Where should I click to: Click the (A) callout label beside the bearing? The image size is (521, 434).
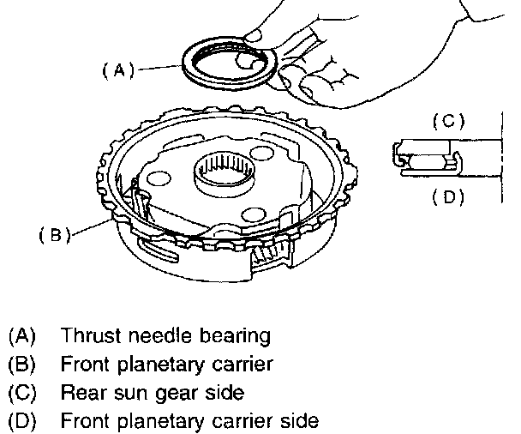tap(118, 70)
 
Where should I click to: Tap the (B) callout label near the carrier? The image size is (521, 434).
tap(55, 235)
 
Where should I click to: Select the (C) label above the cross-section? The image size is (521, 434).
tap(448, 121)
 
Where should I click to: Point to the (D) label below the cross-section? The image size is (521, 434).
tap(448, 197)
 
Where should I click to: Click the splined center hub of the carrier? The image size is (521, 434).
tap(225, 173)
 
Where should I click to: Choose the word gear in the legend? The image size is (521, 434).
tap(177, 394)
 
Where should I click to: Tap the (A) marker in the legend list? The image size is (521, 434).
tap(22, 335)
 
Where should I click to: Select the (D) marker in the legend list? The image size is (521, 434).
tap(22, 421)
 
